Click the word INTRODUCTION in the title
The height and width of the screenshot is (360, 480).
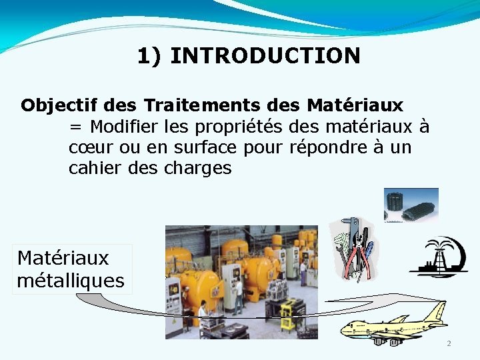click(x=265, y=55)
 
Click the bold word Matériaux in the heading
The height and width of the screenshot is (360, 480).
click(x=355, y=105)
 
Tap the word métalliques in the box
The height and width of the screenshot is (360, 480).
click(x=71, y=281)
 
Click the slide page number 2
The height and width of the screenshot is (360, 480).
click(x=449, y=343)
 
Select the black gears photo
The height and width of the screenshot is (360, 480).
click(x=411, y=204)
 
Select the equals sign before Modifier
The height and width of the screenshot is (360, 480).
click(x=75, y=127)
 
